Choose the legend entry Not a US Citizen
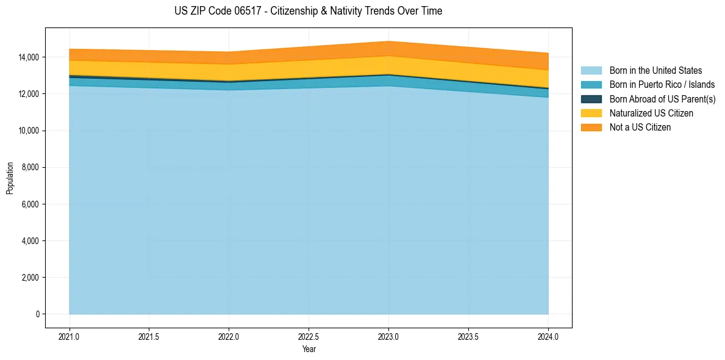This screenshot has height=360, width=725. (x=640, y=128)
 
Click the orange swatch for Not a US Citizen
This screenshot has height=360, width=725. (x=591, y=128)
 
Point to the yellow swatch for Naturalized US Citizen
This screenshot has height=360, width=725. (x=591, y=113)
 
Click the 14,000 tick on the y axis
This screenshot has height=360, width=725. (x=29, y=57)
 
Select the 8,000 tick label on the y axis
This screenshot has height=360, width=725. (x=30, y=167)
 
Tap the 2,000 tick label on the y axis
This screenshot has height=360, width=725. (x=30, y=278)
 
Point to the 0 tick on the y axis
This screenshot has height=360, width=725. (x=37, y=314)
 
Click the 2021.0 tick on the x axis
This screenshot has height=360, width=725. (x=69, y=336)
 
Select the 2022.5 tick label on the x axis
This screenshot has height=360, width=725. (x=309, y=336)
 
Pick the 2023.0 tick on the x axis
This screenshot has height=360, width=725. (x=388, y=336)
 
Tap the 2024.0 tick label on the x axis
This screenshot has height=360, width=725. (x=548, y=336)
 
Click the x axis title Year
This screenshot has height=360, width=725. (x=309, y=350)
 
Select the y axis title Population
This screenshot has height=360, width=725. (x=10, y=178)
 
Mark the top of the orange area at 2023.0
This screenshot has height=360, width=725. (x=388, y=41)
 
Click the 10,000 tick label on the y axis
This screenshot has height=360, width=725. (x=29, y=131)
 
